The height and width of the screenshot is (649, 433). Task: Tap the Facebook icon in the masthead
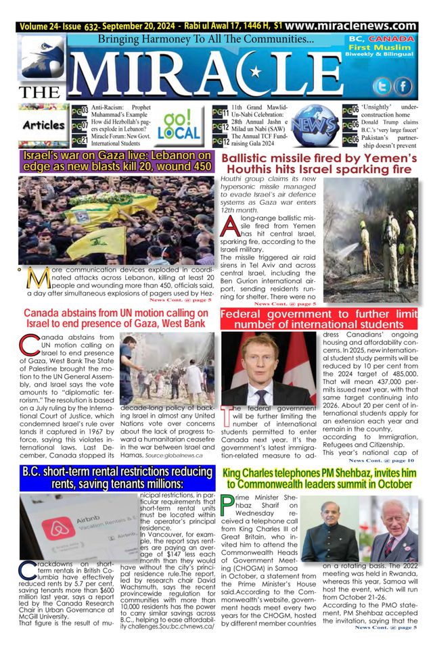[x=403, y=86]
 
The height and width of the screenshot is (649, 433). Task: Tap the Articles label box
[x=43, y=125]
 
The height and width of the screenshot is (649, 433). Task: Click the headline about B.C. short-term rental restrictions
[x=112, y=478]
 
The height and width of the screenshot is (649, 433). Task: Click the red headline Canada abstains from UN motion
[x=112, y=318]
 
